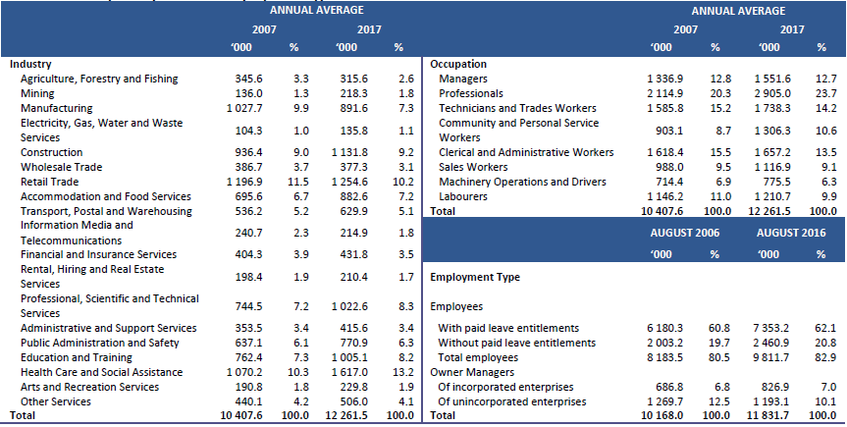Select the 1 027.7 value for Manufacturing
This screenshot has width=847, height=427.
click(x=240, y=108)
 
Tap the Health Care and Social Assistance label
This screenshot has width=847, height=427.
click(x=95, y=372)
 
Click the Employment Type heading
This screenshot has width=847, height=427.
click(x=476, y=278)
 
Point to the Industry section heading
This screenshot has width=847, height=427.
click(x=30, y=64)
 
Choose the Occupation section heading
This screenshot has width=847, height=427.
click(x=458, y=64)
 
